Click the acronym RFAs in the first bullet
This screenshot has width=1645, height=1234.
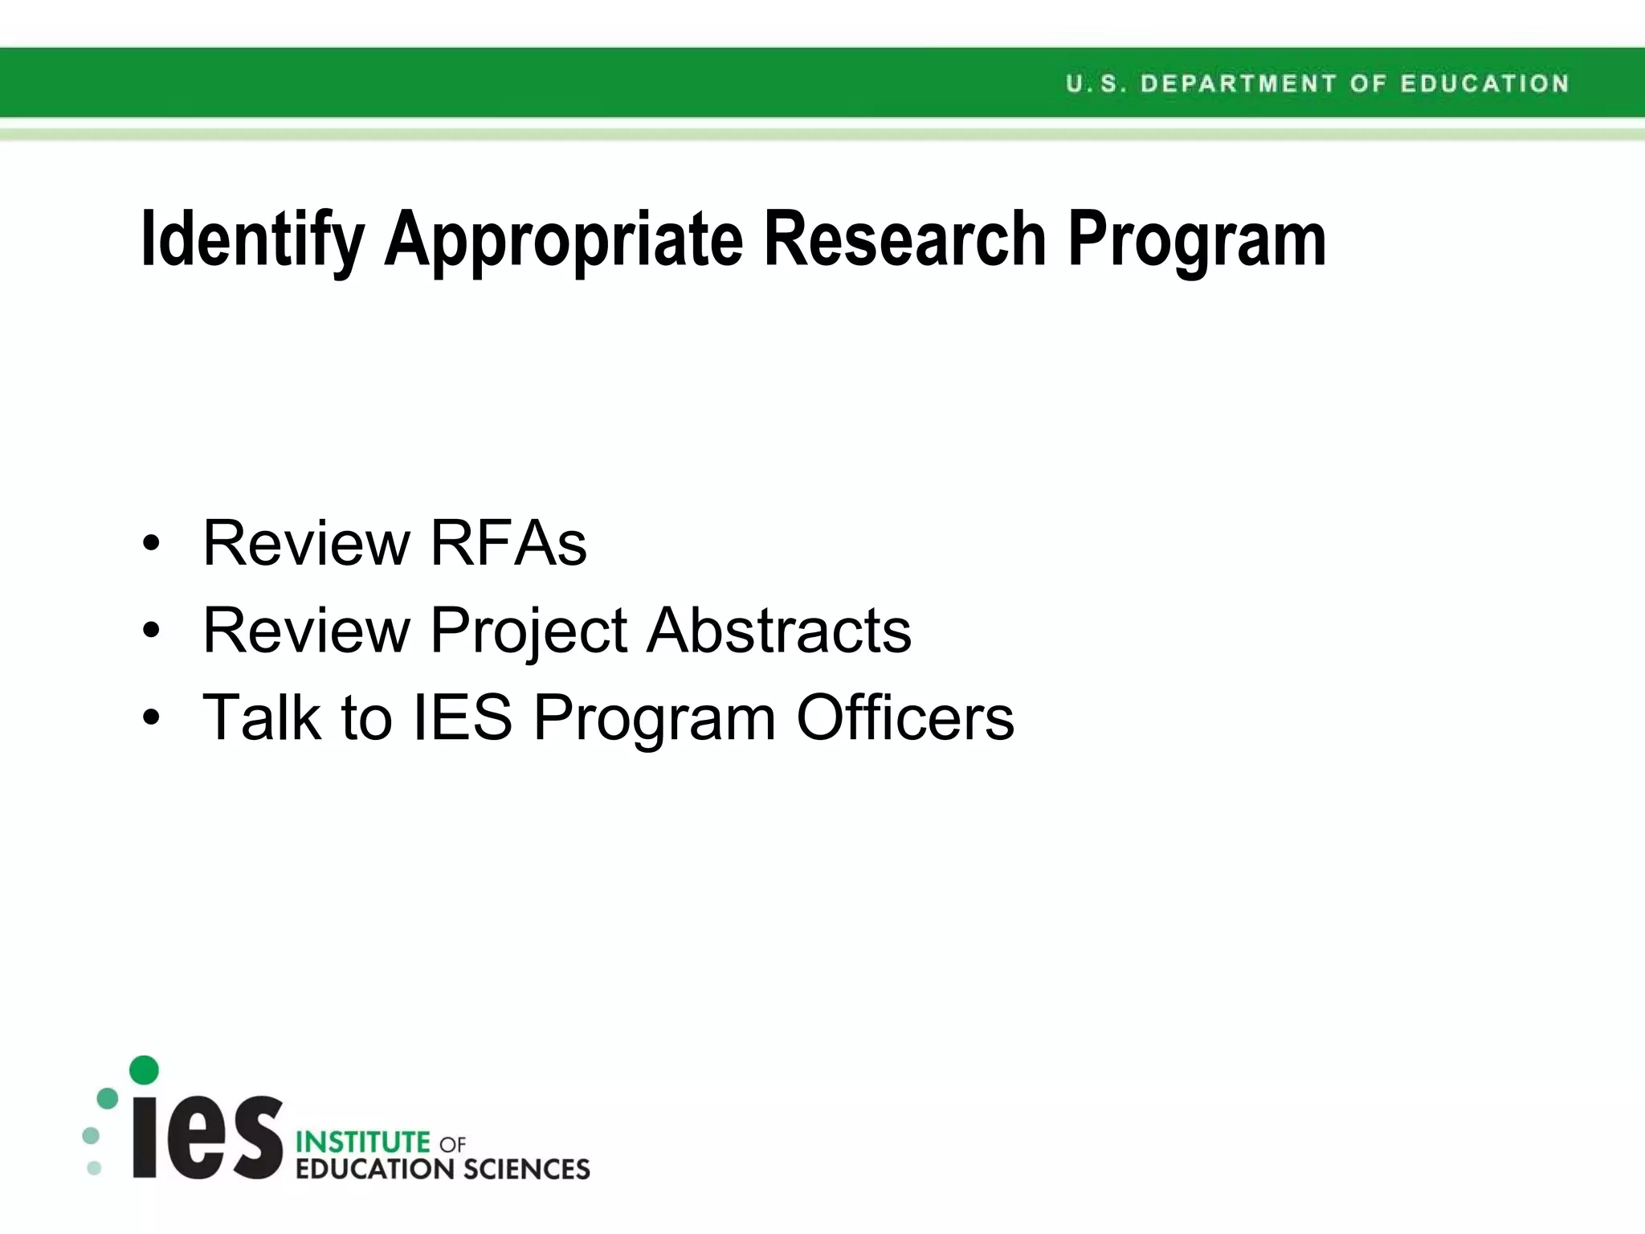508,543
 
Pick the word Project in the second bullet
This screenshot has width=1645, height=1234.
529,631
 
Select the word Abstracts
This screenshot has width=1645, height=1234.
779,630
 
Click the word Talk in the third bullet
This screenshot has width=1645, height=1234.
262,717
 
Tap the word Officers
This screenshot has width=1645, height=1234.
905,717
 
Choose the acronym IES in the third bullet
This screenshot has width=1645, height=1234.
462,717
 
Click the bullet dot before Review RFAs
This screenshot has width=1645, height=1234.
151,545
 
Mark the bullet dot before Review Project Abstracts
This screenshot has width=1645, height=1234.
151,631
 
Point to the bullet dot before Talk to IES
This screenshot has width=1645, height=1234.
151,718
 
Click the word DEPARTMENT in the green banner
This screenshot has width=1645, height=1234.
1238,84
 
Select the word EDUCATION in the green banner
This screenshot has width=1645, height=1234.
1484,84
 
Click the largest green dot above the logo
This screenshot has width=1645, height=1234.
144,1070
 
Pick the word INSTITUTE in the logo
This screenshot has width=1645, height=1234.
363,1142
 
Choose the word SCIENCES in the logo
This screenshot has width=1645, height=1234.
527,1169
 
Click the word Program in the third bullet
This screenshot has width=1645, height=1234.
654,718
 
